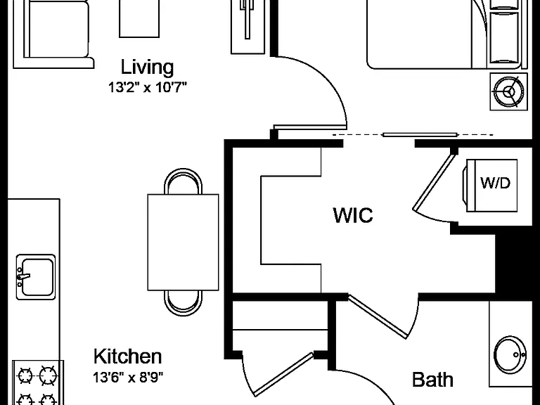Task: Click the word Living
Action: click(147, 67)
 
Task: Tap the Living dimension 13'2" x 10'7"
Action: click(148, 87)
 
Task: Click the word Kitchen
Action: click(127, 356)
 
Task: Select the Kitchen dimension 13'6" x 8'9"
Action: click(128, 378)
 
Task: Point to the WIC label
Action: click(353, 215)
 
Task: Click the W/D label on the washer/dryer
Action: click(495, 183)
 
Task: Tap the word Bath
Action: click(432, 380)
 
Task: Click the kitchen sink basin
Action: click(37, 277)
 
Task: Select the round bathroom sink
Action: click(510, 354)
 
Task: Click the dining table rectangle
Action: click(184, 242)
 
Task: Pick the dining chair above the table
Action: click(184, 181)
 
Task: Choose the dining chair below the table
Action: click(184, 303)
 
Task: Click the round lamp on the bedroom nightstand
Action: click(508, 91)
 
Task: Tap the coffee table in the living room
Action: click(139, 18)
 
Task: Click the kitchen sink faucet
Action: click(22, 276)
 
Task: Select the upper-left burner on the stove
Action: click(25, 375)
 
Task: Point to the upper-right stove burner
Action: click(48, 375)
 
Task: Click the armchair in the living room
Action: click(53, 34)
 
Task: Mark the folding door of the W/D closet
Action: click(433, 183)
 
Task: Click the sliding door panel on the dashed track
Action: click(420, 135)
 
